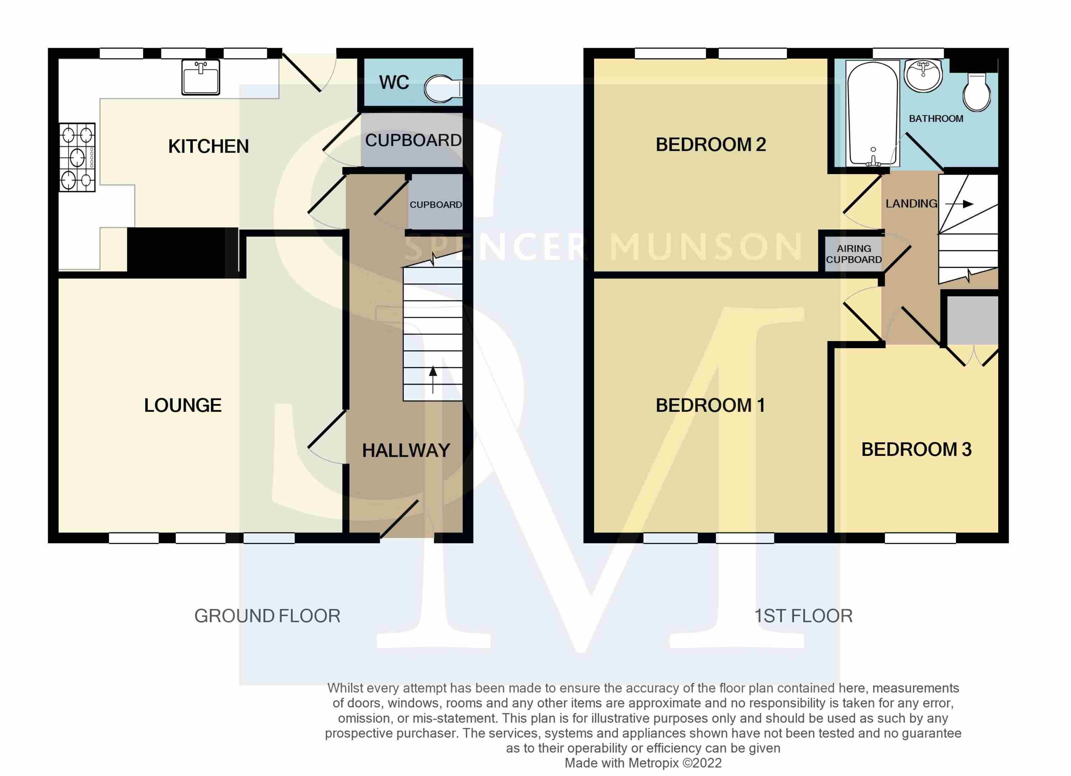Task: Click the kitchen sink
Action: click(x=201, y=77)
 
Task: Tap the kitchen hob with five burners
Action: click(x=77, y=157)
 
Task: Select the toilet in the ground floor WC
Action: click(x=443, y=89)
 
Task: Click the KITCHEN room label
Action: click(x=208, y=146)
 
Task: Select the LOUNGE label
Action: click(x=183, y=405)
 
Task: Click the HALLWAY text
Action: click(x=406, y=451)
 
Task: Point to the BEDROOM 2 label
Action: click(x=711, y=144)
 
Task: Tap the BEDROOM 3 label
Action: click(x=917, y=450)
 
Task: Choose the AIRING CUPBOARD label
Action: click(x=854, y=254)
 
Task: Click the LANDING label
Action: click(x=911, y=203)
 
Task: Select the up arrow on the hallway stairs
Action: click(x=433, y=380)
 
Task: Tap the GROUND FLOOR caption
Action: click(x=267, y=616)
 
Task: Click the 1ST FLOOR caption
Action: click(x=803, y=616)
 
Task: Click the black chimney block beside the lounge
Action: click(x=183, y=253)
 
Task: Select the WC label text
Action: click(x=394, y=82)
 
